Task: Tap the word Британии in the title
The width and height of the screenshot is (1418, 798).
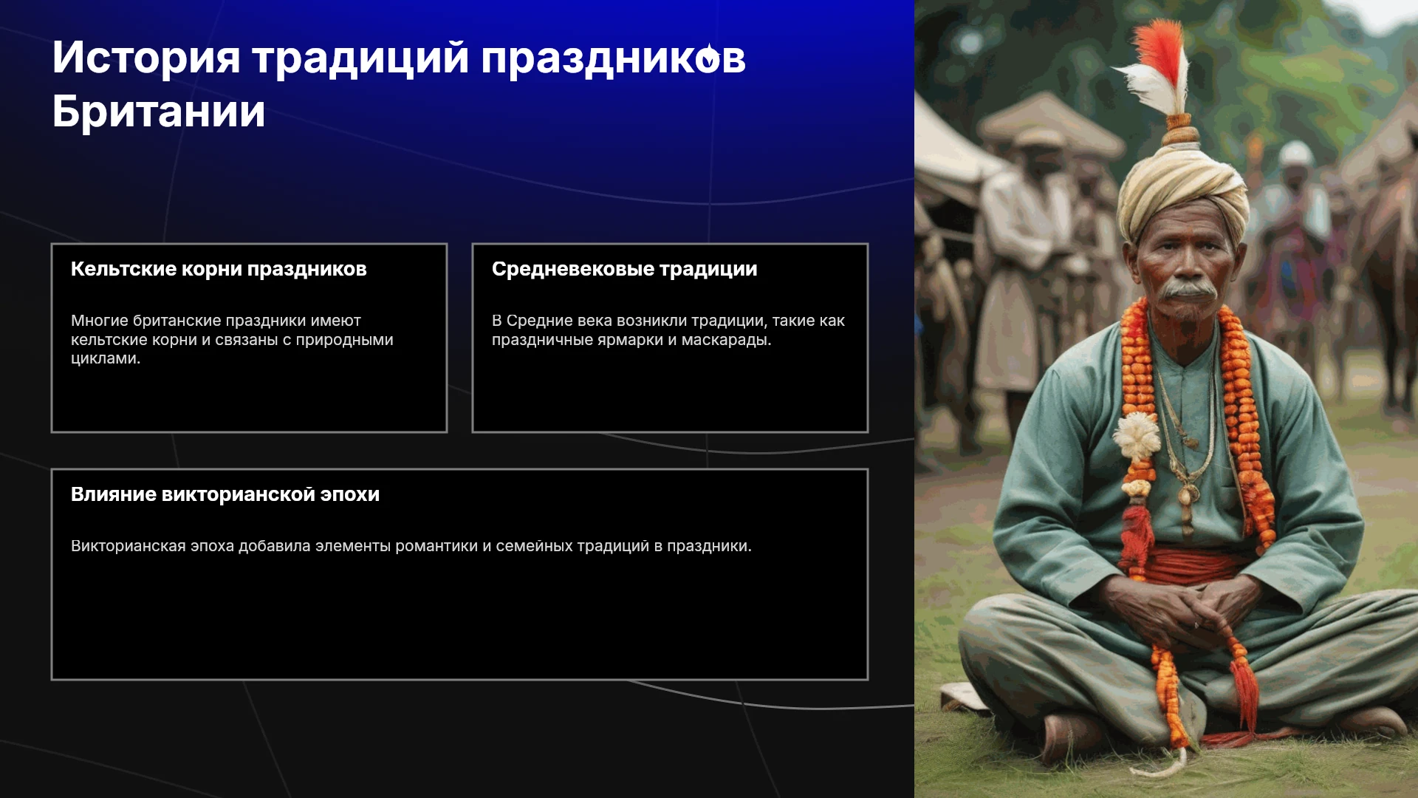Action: pos(159,112)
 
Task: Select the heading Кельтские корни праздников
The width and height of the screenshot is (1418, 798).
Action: pos(219,270)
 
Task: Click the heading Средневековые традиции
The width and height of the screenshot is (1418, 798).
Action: pos(625,270)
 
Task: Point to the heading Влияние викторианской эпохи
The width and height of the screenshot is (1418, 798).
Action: pos(225,494)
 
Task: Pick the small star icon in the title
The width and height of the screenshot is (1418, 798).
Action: pos(708,57)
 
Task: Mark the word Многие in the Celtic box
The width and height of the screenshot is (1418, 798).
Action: pos(99,321)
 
